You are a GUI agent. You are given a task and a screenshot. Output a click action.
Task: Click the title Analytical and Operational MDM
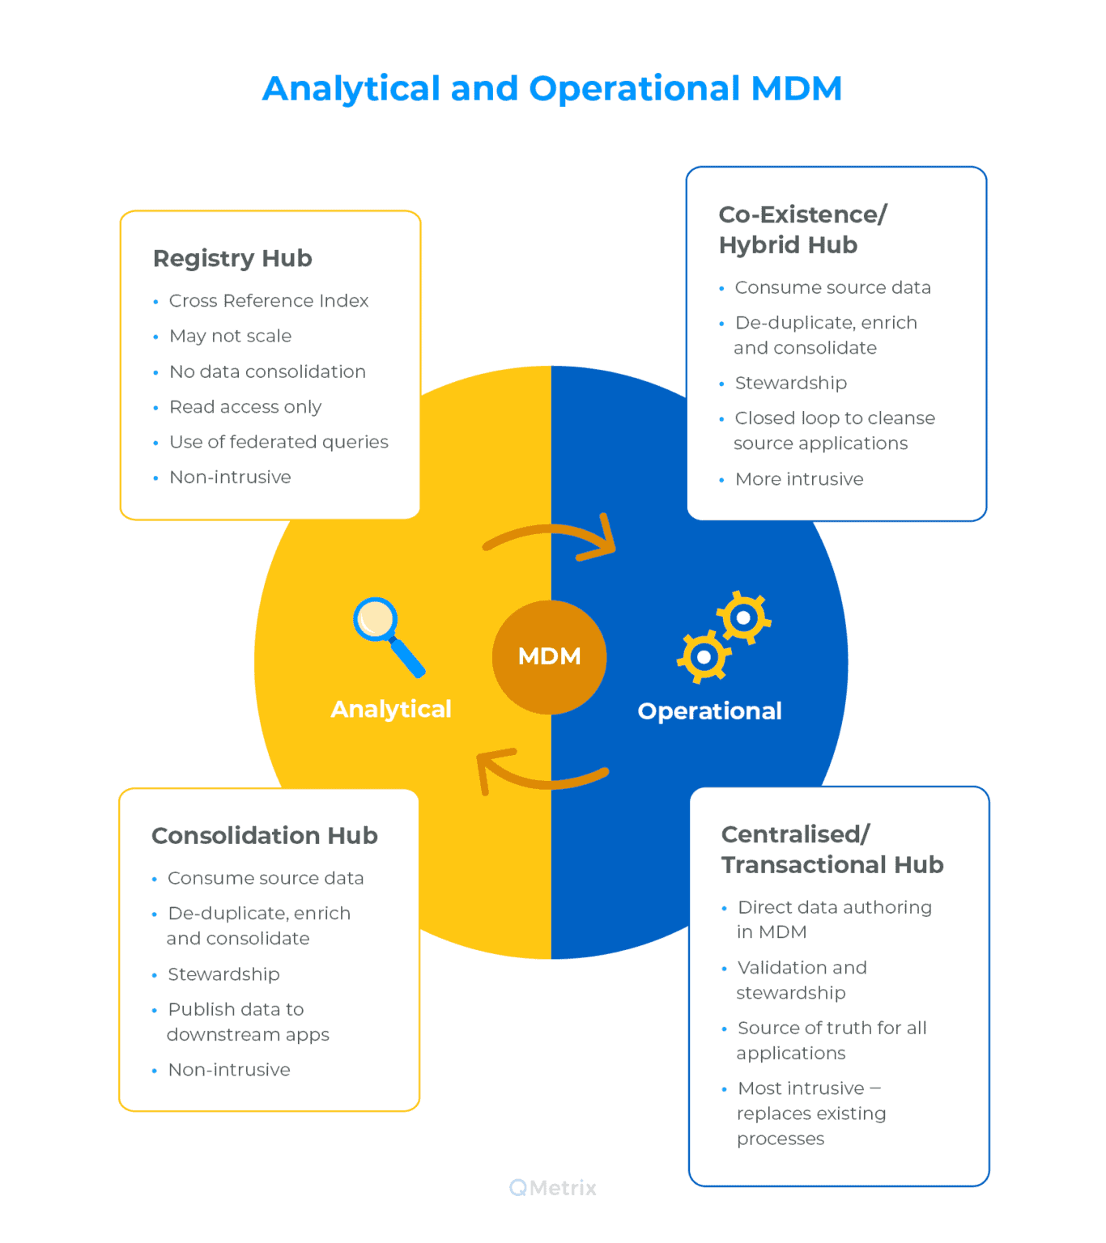tap(552, 88)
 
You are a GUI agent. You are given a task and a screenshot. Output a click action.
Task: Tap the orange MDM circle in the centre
tap(549, 656)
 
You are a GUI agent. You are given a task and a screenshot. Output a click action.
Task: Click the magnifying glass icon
tap(387, 634)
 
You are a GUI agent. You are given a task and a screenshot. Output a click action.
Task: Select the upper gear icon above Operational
tap(743, 617)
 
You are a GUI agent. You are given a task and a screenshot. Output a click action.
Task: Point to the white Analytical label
tap(391, 709)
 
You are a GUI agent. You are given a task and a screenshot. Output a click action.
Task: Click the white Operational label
tap(709, 711)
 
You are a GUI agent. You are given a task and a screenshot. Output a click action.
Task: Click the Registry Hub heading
tap(232, 258)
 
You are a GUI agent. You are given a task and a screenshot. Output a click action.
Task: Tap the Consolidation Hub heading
tap(265, 835)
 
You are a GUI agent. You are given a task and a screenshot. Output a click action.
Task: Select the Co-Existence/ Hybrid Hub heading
tap(802, 230)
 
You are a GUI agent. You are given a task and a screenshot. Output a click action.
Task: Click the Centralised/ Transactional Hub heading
tap(832, 849)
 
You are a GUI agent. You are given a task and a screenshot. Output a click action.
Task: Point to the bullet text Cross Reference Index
tap(269, 301)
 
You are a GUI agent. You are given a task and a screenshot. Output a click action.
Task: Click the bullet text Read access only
tap(245, 407)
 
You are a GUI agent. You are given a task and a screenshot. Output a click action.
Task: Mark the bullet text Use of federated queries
tap(279, 442)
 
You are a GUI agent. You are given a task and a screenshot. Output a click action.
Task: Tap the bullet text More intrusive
tap(799, 479)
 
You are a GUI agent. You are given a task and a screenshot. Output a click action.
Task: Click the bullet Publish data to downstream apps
tap(247, 1021)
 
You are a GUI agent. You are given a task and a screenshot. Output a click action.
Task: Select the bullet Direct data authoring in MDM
tap(834, 919)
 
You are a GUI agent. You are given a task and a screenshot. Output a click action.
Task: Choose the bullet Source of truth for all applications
tap(832, 1040)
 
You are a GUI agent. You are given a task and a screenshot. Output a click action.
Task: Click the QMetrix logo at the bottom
tap(553, 1188)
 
